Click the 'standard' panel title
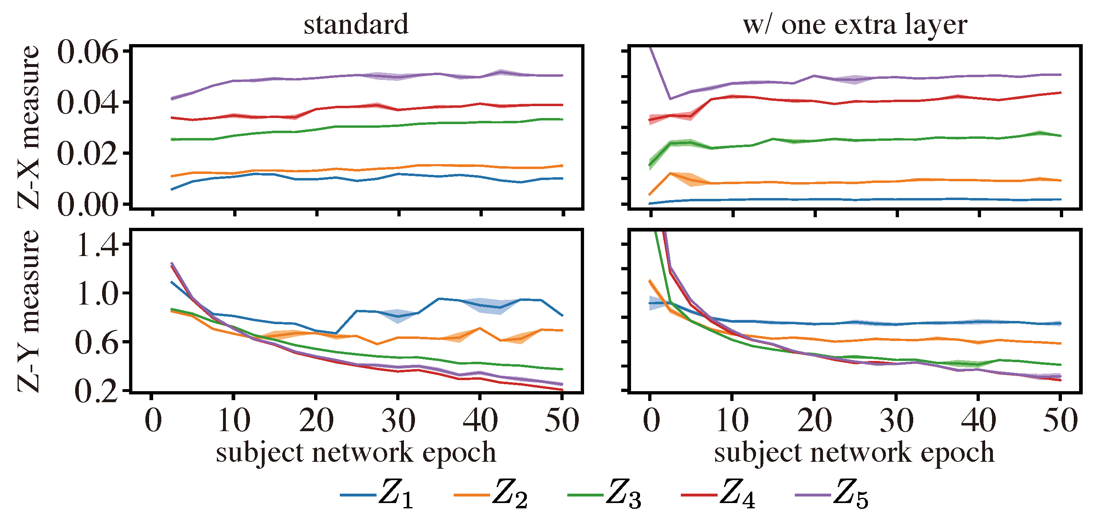tap(356, 24)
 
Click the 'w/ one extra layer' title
tap(855, 24)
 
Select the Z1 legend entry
tap(377, 494)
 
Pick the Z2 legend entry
tap(491, 494)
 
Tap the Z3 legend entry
tap(604, 494)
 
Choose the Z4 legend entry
tap(718, 494)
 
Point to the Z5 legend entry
tap(832, 494)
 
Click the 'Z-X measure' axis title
tap(29, 127)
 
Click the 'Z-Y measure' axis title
tap(29, 311)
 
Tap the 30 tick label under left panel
tap(398, 420)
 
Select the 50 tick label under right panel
tap(1060, 420)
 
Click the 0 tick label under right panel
tap(651, 420)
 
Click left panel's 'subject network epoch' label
tap(356, 452)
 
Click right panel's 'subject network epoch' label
tap(854, 452)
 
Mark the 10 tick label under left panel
tap(233, 420)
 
